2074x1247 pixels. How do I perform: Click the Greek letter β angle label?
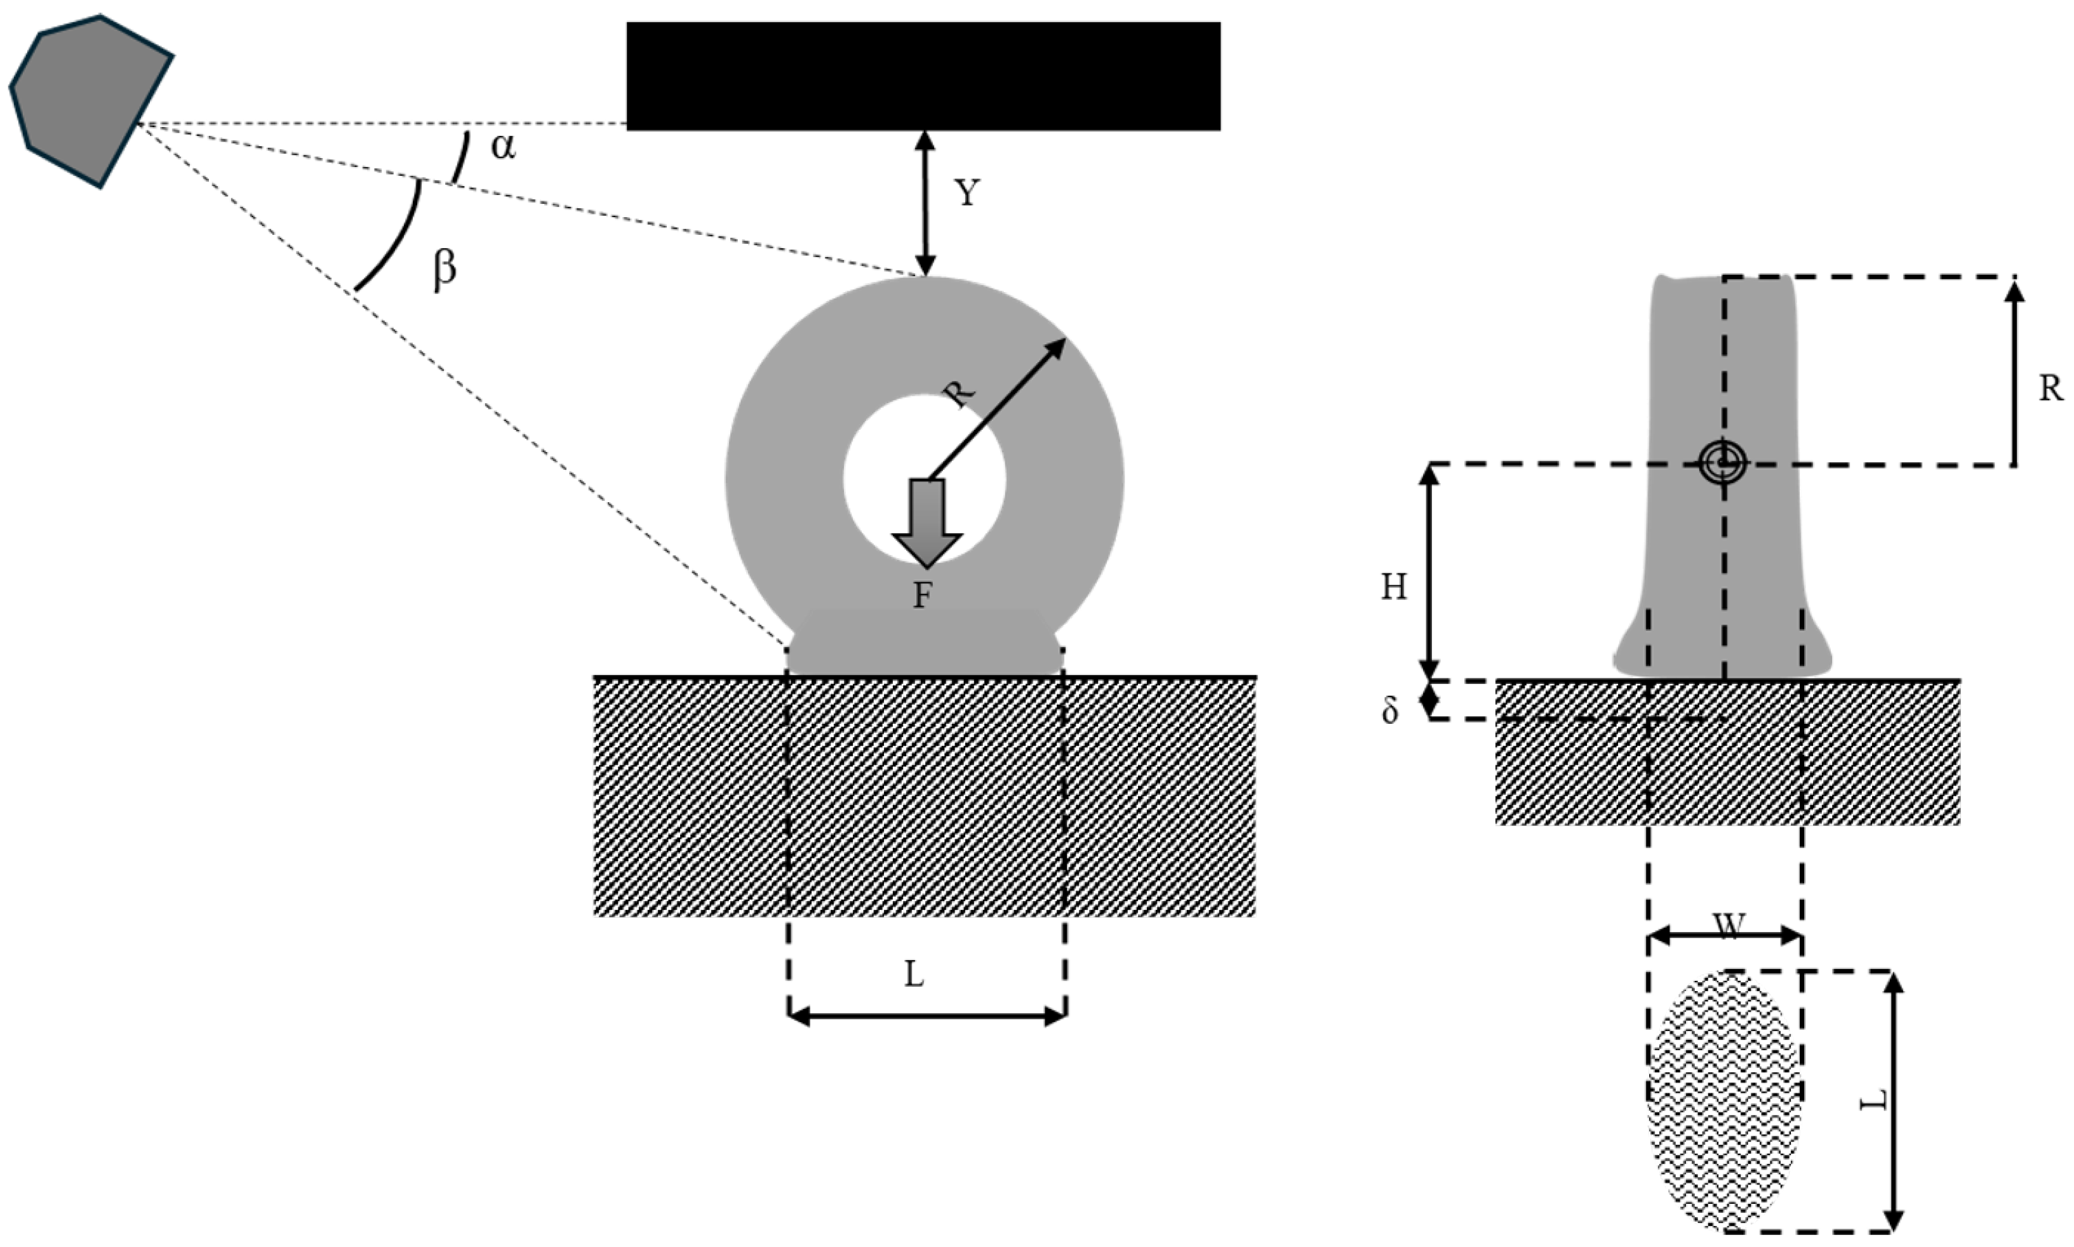point(445,270)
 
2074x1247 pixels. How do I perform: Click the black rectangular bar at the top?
point(923,76)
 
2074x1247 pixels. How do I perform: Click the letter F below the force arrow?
point(923,596)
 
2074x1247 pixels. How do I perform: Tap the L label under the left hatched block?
point(913,975)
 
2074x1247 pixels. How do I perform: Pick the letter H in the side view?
point(1394,587)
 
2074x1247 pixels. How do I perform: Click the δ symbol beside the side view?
point(1391,711)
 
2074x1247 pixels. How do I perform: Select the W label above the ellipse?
point(1729,926)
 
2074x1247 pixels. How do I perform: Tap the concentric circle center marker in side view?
point(1723,462)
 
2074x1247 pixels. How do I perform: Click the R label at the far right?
point(2051,388)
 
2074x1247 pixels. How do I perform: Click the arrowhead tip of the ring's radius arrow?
point(1064,340)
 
